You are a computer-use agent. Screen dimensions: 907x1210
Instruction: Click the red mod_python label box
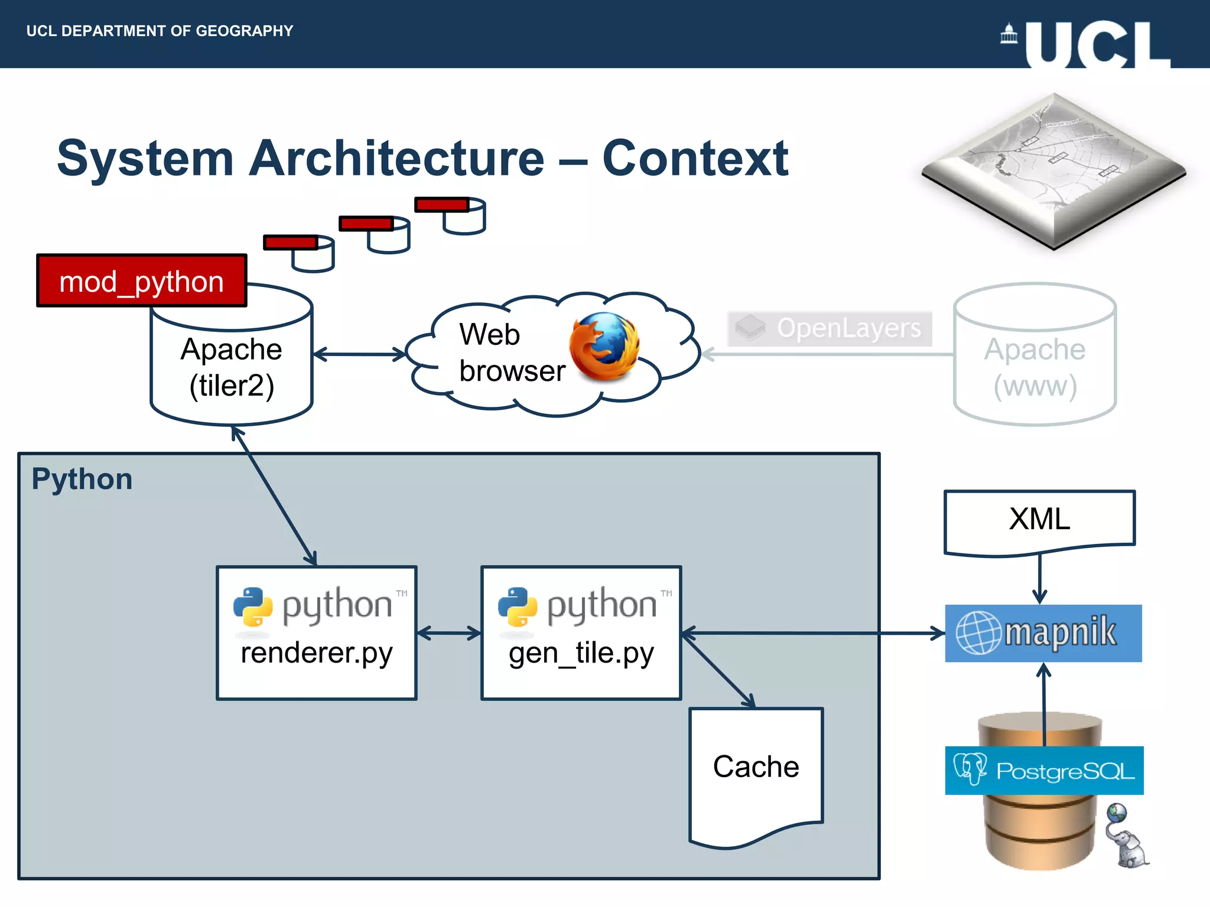[x=141, y=281]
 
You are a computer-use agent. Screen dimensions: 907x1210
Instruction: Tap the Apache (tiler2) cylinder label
[x=232, y=367]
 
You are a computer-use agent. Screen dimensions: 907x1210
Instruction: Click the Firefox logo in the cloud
[x=604, y=347]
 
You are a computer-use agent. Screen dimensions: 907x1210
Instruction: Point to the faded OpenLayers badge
[x=830, y=328]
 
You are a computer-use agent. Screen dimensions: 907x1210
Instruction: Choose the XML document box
[x=1039, y=520]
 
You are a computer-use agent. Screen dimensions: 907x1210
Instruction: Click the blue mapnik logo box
[x=1043, y=633]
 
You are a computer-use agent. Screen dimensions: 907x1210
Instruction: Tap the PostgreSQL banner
[x=1044, y=771]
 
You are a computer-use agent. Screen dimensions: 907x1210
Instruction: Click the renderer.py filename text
[x=317, y=654]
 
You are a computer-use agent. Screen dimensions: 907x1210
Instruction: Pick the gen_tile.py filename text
[x=581, y=654]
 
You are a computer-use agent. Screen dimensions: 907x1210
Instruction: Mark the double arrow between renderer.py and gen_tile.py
[x=449, y=634]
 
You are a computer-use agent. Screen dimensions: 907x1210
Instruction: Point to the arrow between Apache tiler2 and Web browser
[x=359, y=354]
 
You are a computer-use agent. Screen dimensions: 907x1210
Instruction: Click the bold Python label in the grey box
[x=82, y=479]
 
